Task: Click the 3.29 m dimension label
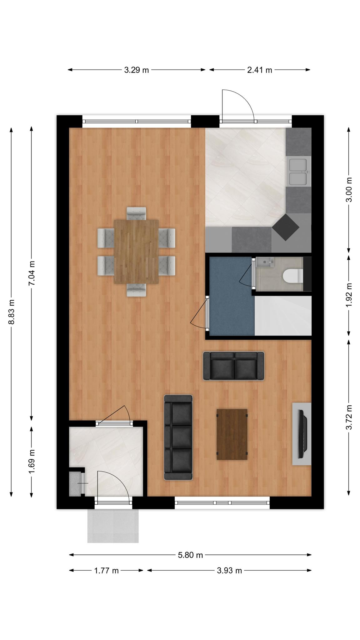(x=136, y=70)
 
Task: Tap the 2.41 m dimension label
(x=259, y=70)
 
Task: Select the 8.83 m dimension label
(x=12, y=312)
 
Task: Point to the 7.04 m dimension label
(x=32, y=273)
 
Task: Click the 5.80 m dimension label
(x=190, y=555)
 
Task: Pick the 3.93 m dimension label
(x=229, y=571)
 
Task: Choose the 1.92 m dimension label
(x=349, y=295)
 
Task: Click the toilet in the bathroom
(x=292, y=275)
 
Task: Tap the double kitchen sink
(x=298, y=172)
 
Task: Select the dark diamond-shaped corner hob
(x=286, y=227)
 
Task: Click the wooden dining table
(x=136, y=252)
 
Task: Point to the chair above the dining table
(x=136, y=213)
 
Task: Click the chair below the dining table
(x=136, y=290)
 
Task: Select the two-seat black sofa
(x=233, y=366)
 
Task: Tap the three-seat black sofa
(x=178, y=437)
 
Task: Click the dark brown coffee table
(x=232, y=434)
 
